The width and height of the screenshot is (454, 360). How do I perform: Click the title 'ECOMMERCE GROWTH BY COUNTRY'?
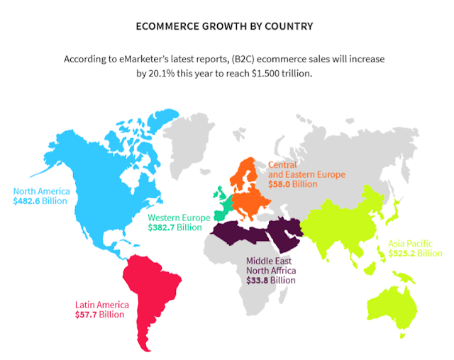tap(225, 27)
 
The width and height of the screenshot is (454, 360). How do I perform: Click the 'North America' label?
tap(40, 191)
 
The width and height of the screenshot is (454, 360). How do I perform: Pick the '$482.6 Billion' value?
tap(40, 201)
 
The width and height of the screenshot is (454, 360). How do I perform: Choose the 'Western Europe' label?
tap(179, 218)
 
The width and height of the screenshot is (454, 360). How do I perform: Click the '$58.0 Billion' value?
tap(293, 184)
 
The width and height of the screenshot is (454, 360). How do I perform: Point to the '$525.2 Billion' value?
tap(415, 253)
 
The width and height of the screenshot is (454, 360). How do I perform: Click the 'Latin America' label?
tap(102, 305)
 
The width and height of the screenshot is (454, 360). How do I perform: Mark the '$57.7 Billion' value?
tap(102, 315)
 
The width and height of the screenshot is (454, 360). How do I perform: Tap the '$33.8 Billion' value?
tap(270, 280)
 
